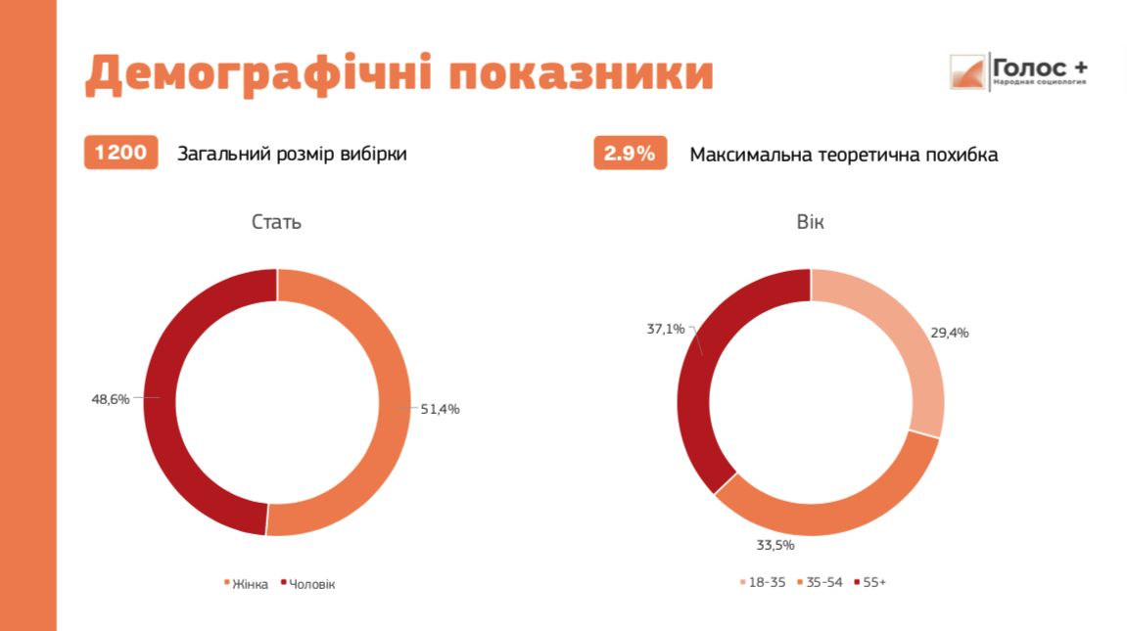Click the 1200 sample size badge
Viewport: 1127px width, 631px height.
click(120, 154)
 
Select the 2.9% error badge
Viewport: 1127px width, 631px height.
click(630, 154)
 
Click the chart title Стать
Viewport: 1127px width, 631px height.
click(276, 222)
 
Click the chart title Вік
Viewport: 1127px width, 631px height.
click(811, 222)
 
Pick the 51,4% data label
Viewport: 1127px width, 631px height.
click(440, 409)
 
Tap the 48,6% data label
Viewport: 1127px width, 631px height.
click(110, 399)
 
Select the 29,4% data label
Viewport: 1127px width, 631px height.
click(950, 333)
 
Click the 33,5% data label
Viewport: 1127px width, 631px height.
click(775, 545)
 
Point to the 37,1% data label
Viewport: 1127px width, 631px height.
click(666, 329)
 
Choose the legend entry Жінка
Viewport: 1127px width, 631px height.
click(250, 584)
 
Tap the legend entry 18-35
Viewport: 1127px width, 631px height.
click(766, 583)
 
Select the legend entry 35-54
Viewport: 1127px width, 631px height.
click(822, 583)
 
